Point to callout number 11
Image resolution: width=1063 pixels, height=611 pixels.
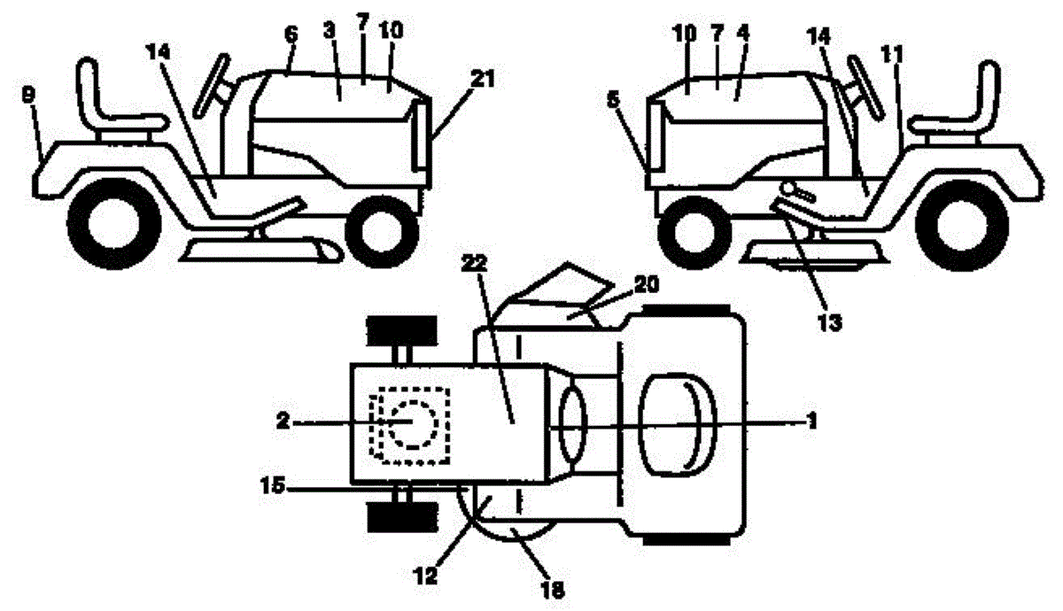(x=896, y=54)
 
